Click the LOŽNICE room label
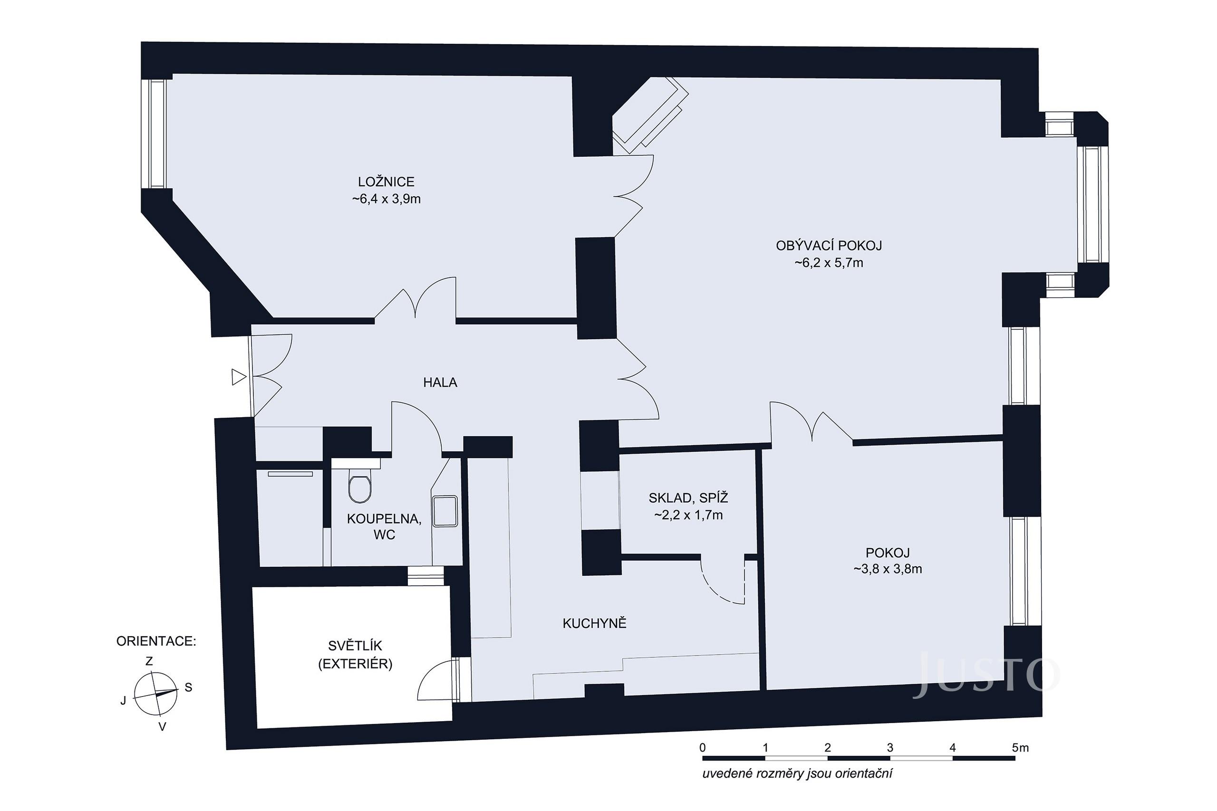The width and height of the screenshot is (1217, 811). (x=386, y=182)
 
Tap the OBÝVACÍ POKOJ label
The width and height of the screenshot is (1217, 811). (x=829, y=246)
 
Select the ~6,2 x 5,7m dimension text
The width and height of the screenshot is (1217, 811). (x=829, y=263)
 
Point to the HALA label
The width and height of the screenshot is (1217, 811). (x=440, y=383)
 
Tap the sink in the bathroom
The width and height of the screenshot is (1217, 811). (x=445, y=511)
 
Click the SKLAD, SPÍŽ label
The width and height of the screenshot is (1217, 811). (x=688, y=498)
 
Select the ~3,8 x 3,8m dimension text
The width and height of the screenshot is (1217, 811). (x=888, y=570)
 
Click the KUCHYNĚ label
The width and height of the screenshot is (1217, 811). (x=594, y=624)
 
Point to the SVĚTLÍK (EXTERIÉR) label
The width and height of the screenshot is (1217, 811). (x=355, y=655)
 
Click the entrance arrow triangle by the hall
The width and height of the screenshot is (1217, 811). (x=239, y=377)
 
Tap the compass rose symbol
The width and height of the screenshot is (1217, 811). (x=155, y=693)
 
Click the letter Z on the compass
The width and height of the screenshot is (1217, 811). (x=149, y=661)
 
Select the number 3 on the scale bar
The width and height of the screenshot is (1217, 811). (x=889, y=747)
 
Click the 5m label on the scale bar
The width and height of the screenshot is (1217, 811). (x=1020, y=747)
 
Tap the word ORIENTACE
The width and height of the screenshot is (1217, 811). (x=156, y=642)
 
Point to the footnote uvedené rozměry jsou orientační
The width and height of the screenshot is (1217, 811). (x=797, y=774)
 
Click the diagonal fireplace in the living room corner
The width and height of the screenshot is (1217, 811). (x=650, y=115)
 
